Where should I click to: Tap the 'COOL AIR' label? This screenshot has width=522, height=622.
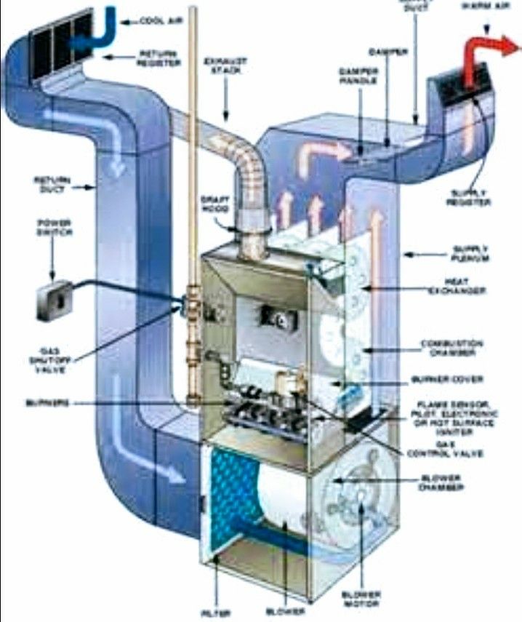157,23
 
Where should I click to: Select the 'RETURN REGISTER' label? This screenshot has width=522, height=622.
158,58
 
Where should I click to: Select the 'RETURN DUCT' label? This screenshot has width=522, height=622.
50,184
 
